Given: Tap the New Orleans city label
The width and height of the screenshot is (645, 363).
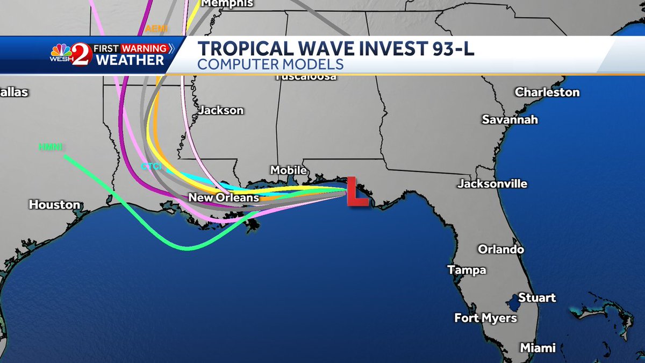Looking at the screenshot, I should tap(224, 198).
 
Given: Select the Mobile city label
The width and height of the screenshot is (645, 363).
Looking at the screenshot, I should tap(288, 170).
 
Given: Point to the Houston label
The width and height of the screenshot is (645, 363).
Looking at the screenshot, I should tap(54, 204).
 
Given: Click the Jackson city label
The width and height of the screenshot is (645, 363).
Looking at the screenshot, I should tap(221, 110).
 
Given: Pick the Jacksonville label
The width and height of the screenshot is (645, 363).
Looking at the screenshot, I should tap(492, 184).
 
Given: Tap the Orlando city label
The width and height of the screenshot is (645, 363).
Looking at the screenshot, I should tap(501, 250).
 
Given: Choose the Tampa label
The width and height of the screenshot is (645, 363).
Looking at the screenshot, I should tap(467, 270).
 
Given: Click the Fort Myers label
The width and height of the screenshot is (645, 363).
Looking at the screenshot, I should tap(485, 318).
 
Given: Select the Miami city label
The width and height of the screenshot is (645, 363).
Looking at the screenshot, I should tap(537, 348).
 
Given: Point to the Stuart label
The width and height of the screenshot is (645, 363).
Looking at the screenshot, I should tap(537, 298).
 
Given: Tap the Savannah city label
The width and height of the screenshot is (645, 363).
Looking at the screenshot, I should tap(510, 119).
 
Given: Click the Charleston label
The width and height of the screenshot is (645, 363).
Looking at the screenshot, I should tap(547, 92).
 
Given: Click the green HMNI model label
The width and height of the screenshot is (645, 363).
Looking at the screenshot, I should tap(51, 146).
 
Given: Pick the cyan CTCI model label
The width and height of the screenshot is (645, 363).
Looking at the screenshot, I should tap(151, 167).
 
